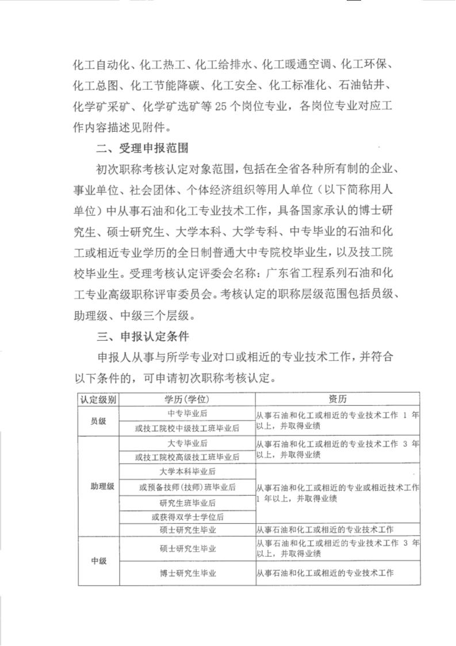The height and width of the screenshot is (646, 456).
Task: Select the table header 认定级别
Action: click(98, 399)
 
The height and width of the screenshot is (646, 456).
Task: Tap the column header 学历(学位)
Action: click(187, 399)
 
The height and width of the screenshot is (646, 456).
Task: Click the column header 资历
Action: click(338, 399)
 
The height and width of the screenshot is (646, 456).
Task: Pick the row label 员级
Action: click(98, 421)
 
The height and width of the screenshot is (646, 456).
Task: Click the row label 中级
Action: click(98, 561)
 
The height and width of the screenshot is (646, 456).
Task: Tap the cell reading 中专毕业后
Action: click(187, 413)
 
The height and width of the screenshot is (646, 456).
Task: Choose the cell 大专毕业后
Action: click(187, 443)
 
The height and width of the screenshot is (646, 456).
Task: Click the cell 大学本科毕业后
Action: click(187, 472)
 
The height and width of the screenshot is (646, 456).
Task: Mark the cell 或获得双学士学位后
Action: click(187, 517)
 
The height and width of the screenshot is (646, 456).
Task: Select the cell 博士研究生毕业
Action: click(188, 573)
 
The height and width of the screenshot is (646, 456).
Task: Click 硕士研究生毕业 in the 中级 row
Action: click(188, 549)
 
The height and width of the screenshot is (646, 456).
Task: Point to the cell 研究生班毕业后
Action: click(187, 502)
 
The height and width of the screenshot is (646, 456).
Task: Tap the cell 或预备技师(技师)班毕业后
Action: click(187, 487)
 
